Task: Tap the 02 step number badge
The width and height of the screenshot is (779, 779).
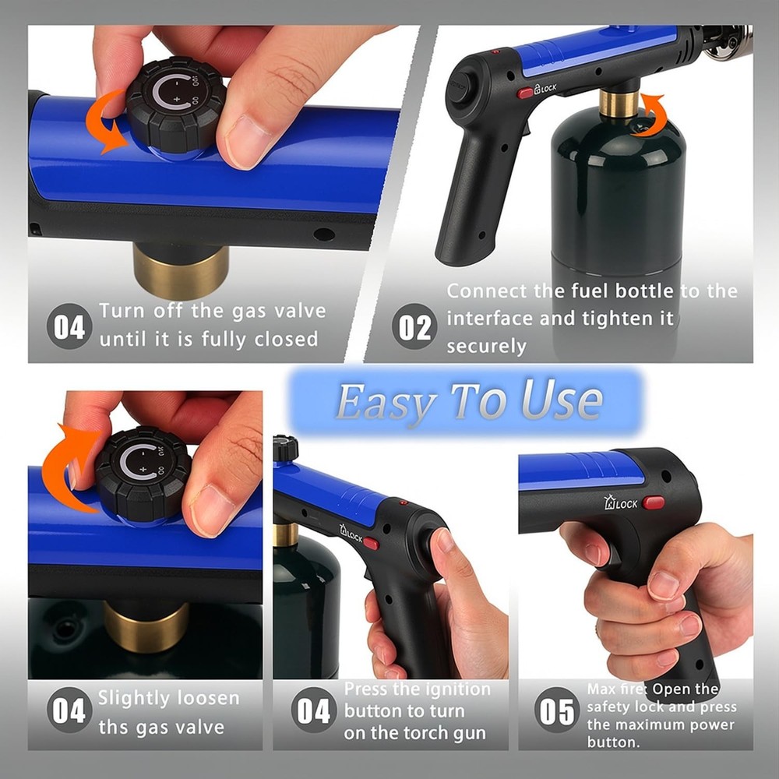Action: coord(414,327)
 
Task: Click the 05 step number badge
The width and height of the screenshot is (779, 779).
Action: coord(557,711)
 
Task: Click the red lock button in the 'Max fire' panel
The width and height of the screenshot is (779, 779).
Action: coord(654,502)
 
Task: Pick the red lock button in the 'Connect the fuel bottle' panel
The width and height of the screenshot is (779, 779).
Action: coord(525,93)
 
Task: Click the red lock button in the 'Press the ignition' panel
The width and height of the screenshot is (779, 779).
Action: coord(372,543)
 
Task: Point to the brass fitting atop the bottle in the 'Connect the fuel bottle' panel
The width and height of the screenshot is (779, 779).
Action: coord(619,104)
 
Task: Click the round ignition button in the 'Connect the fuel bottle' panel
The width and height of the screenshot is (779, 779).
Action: coord(458,90)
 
